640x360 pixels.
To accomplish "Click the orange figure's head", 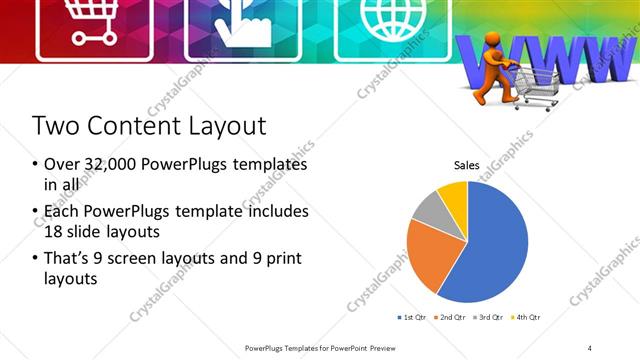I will click(x=492, y=44).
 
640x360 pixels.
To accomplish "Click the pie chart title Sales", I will click(x=467, y=165).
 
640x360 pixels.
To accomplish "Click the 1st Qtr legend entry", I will click(x=411, y=317).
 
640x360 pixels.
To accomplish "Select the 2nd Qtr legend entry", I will click(x=450, y=317).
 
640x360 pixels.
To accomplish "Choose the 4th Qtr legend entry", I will click(x=527, y=317).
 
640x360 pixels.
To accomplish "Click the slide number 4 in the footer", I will click(x=590, y=347).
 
